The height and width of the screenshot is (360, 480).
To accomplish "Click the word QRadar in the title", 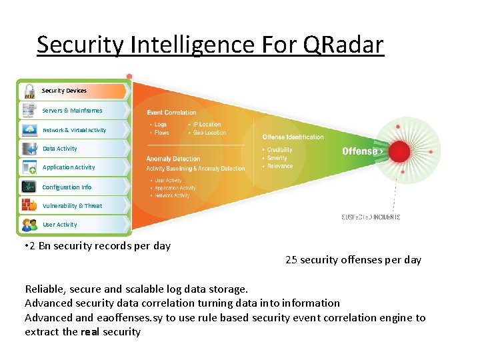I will click(343, 45).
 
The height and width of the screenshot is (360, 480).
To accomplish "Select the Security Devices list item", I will click(64, 91).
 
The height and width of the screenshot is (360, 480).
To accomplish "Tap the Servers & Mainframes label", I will click(72, 111).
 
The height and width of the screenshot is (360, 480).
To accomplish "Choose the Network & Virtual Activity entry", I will click(74, 130).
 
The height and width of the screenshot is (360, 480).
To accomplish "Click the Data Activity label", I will click(60, 149).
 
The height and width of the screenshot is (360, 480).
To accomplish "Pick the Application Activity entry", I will click(69, 167).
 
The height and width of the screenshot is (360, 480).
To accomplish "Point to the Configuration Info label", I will click(67, 187).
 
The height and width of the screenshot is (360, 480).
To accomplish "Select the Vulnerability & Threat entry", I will click(72, 206).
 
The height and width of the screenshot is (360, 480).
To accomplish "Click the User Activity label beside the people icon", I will click(60, 225).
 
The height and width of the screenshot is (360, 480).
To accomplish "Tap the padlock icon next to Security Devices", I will click(29, 91).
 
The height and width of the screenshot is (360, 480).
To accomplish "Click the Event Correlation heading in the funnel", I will click(171, 113).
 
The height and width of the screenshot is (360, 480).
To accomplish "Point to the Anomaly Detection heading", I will click(173, 159).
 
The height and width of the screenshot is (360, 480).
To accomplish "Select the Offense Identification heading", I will click(293, 137).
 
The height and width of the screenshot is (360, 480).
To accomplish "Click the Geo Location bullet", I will click(210, 133).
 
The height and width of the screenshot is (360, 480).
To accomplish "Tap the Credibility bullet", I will click(279, 150).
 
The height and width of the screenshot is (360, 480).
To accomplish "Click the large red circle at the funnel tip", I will click(399, 152).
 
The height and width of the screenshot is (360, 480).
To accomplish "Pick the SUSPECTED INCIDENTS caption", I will click(371, 217).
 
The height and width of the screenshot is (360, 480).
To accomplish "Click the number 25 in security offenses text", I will click(291, 260).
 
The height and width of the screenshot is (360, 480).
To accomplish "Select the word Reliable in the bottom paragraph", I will click(45, 289).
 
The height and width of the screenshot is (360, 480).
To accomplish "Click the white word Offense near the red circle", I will click(360, 151).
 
